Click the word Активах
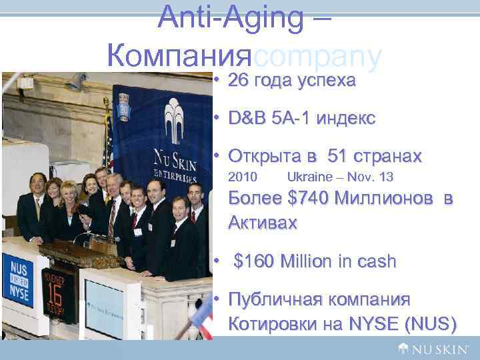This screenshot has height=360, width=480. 263,222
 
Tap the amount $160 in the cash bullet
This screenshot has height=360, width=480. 257,261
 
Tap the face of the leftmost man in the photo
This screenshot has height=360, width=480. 38,182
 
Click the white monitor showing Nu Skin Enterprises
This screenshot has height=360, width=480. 111,307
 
